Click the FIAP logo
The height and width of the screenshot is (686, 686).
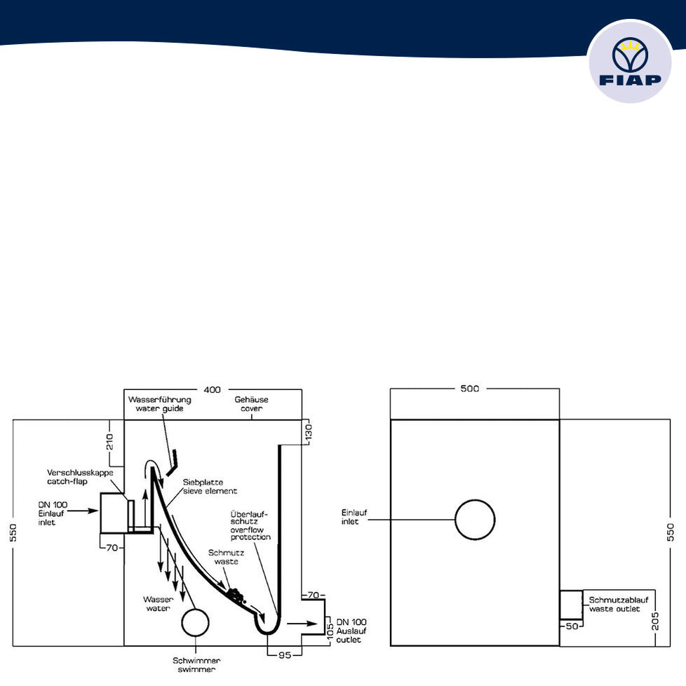tap(631, 62)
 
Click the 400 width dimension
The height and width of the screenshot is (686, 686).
tap(213, 389)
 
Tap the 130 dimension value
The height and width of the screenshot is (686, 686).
tap(307, 432)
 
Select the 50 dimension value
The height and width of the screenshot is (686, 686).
tap(572, 626)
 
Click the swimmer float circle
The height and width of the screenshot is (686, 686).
tap(194, 622)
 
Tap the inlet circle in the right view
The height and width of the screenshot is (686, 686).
tap(475, 520)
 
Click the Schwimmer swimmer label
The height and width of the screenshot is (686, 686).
tap(197, 664)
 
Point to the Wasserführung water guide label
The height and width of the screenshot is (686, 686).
tap(159, 404)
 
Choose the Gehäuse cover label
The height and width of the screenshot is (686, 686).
tap(251, 404)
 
